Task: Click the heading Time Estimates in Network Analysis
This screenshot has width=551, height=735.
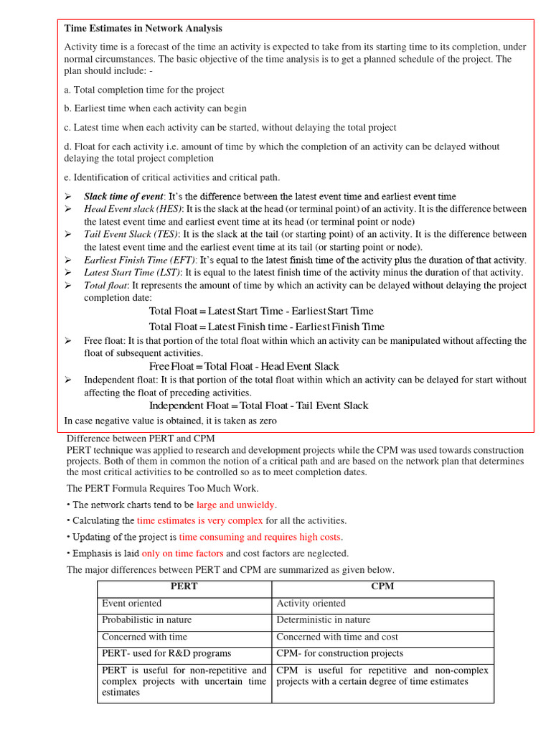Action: point(143,29)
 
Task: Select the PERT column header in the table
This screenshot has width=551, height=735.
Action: point(184,586)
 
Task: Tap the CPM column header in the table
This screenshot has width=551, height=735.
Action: point(382,586)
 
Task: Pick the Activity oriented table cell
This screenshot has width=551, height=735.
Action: point(311,604)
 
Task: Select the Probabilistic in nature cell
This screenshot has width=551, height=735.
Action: point(147,619)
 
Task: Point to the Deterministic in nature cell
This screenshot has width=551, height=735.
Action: point(324,619)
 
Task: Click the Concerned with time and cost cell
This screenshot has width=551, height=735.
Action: point(337,637)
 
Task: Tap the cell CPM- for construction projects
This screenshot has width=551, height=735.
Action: point(340,653)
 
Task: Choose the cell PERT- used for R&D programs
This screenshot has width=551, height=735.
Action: point(166,653)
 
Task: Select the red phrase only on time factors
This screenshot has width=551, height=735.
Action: point(182,553)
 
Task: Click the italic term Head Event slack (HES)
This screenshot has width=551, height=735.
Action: point(133,209)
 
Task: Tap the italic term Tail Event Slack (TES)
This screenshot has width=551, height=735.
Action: point(131,234)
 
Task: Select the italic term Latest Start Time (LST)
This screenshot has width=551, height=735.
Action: point(133,273)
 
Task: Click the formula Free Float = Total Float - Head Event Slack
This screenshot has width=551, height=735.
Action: point(244,367)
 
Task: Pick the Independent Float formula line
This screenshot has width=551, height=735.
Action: point(258,406)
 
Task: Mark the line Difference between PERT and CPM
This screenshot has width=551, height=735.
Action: point(141,439)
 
